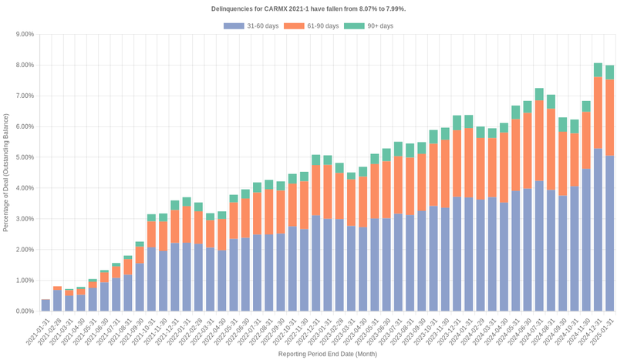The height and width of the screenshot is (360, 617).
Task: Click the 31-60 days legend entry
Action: (x=251, y=26)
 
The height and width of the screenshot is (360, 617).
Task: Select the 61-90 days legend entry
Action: (x=312, y=26)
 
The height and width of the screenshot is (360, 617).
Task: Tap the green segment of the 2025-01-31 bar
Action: (x=609, y=72)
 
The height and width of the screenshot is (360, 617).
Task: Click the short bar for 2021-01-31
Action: (x=46, y=305)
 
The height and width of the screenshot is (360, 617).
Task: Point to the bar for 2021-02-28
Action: (x=57, y=300)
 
